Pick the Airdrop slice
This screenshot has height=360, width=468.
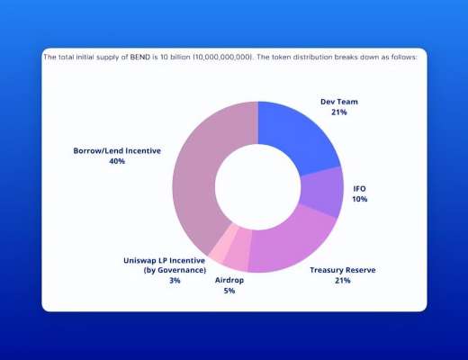(237, 258)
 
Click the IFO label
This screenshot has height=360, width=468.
(360, 188)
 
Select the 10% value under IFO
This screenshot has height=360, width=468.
(360, 199)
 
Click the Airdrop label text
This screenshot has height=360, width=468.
(229, 280)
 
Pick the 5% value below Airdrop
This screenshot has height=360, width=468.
(229, 291)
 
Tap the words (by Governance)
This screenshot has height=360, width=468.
(175, 270)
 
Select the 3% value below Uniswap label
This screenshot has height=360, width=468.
(175, 281)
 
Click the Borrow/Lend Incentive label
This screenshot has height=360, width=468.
(117, 150)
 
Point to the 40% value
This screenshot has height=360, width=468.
(117, 161)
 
